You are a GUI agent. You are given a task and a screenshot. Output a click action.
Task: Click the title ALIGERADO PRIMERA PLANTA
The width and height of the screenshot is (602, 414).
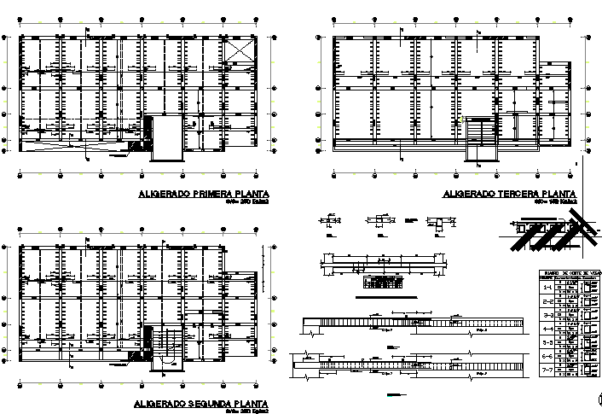(x=203, y=194)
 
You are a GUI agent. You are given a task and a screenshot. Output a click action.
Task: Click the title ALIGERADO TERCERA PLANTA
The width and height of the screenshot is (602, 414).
(x=510, y=194)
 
